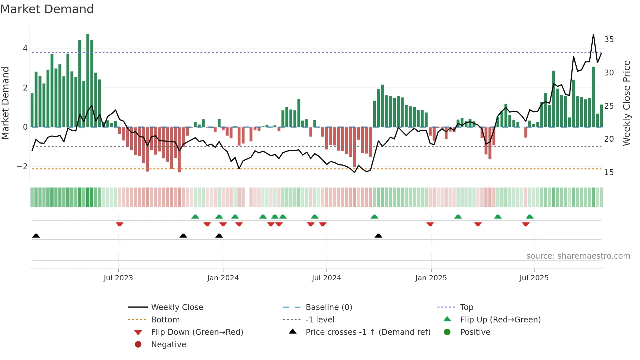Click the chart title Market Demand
[x=47, y=9]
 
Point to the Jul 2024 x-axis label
[x=326, y=278]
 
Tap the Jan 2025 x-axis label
[x=431, y=278]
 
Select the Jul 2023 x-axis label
[x=118, y=278]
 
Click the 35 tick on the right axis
[x=609, y=40]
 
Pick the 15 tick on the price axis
[x=609, y=172]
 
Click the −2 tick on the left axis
[x=22, y=167]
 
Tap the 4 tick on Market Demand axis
[x=25, y=48]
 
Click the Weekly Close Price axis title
[x=626, y=103]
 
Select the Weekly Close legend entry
[x=177, y=307]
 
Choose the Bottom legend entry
[x=165, y=320]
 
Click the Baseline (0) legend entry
[x=328, y=307]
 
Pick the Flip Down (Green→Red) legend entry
[x=197, y=332]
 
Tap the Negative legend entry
[x=168, y=345]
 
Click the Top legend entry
[x=466, y=307]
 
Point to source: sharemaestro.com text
[x=578, y=256]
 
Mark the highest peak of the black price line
[x=593, y=34]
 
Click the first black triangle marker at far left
[x=36, y=236]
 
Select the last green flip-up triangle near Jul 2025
[x=530, y=217]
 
